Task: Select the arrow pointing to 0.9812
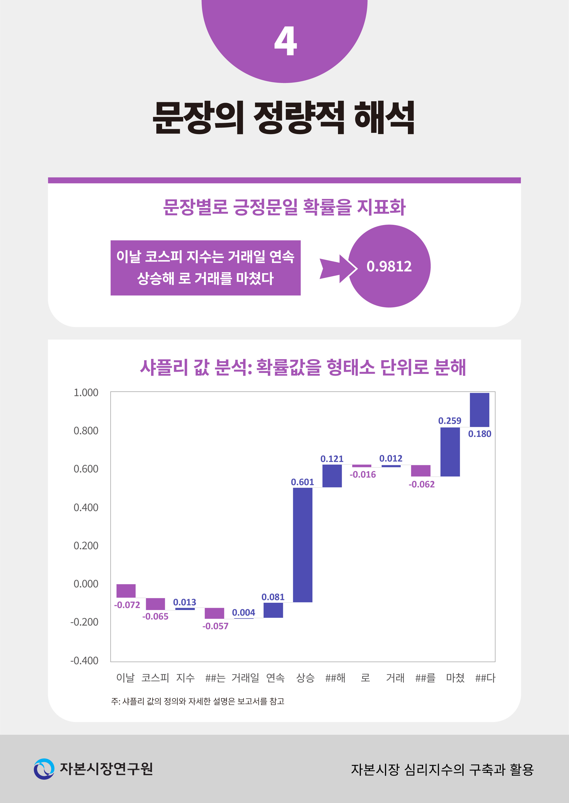338,268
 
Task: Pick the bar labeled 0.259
450,452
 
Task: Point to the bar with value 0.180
479,410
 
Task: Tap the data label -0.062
421,484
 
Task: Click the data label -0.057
215,626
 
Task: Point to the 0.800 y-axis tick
86,431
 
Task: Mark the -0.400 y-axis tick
84,661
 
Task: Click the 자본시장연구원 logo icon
44,769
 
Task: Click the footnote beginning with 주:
198,701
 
